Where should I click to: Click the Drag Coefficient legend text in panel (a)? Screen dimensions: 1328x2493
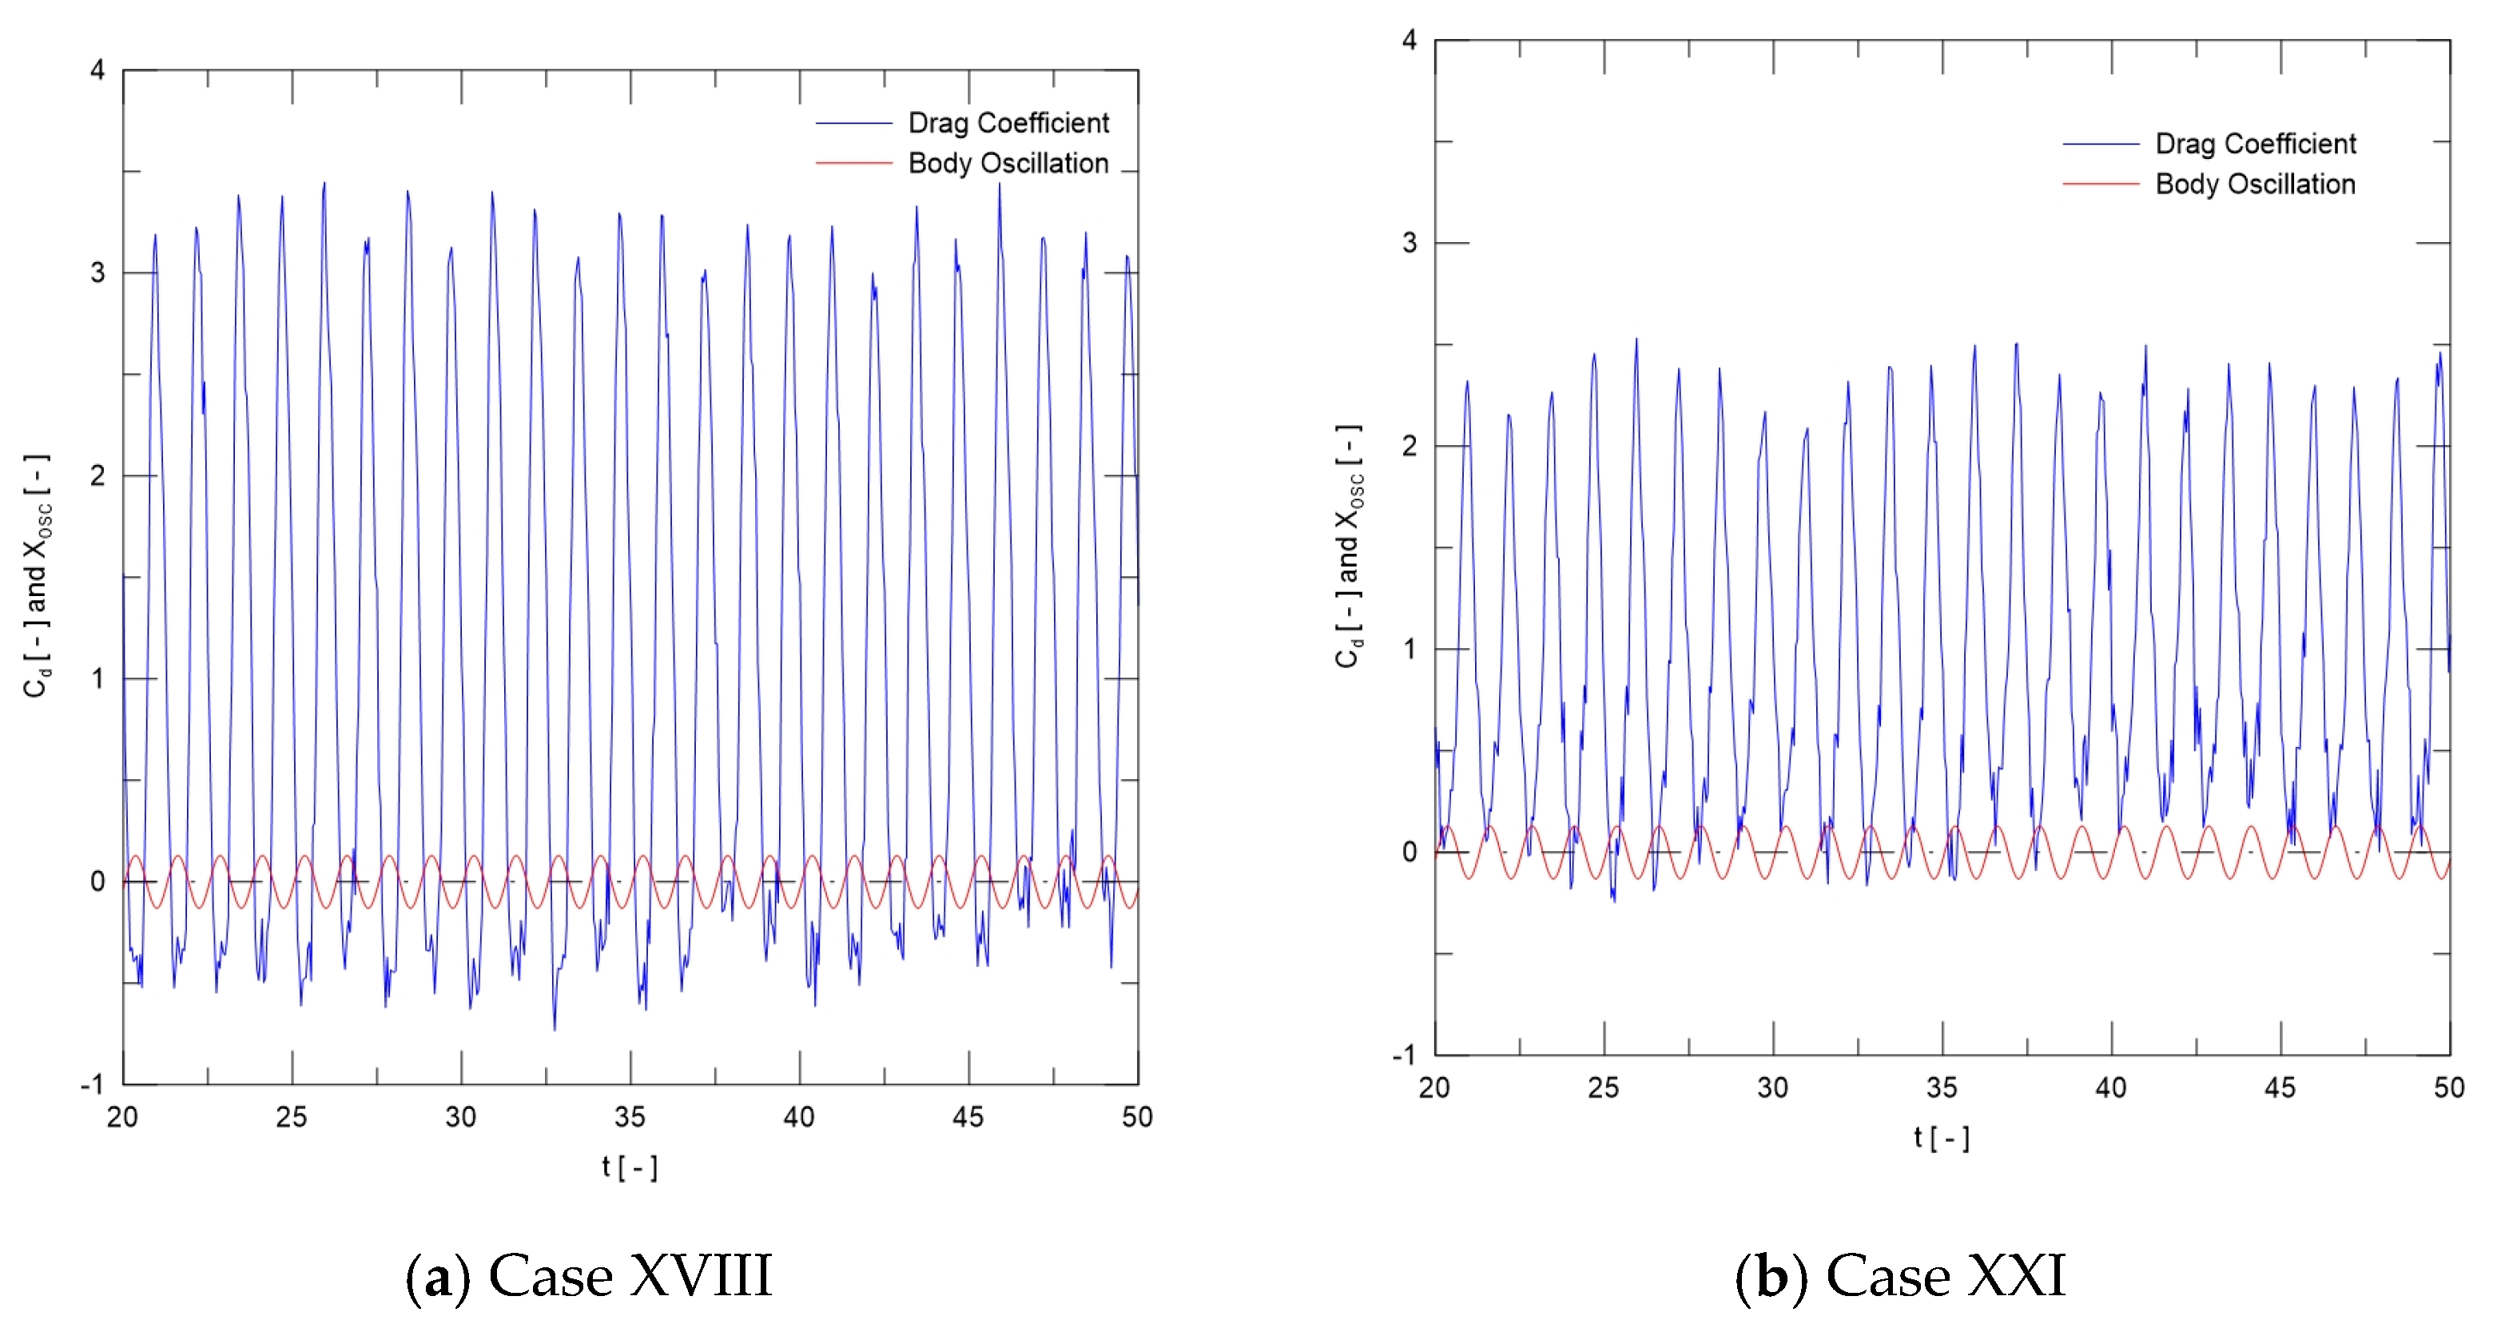point(1008,123)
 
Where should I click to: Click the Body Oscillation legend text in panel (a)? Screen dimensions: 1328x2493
point(1008,164)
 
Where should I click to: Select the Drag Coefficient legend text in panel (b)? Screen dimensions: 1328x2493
point(2255,144)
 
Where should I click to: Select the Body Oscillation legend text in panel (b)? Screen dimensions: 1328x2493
point(2255,184)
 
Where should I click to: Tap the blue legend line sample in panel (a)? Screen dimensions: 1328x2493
point(853,124)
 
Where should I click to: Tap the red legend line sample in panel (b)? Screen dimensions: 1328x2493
point(2100,184)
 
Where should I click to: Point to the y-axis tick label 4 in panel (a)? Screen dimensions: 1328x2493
point(97,70)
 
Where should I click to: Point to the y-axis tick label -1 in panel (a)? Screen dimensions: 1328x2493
point(91,1084)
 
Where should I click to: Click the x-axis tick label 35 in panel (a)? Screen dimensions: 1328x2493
point(630,1117)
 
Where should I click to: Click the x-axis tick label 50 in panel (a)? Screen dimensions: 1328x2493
point(1137,1117)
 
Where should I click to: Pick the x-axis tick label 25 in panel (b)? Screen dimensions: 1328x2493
point(1604,1088)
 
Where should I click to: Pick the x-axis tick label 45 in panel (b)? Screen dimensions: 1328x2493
point(2280,1088)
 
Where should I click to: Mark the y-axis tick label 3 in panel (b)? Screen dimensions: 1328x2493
point(1409,243)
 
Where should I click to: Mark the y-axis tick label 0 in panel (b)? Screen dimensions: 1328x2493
point(1409,852)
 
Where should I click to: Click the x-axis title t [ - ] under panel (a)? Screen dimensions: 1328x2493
point(630,1167)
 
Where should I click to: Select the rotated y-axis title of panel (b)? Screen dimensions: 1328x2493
point(1349,547)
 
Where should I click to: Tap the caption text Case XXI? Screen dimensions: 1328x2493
point(1945,1276)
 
